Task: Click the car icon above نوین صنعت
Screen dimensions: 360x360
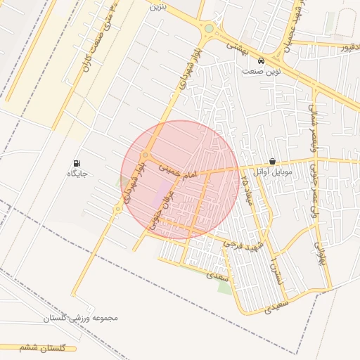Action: tap(262, 61)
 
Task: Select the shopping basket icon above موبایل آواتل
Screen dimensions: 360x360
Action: tap(272, 161)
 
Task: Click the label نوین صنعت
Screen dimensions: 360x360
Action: tap(262, 71)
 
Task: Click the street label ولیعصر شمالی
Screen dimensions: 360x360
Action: tap(314, 124)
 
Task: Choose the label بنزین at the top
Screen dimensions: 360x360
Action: tap(157, 6)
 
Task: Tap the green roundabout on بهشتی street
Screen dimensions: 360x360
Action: tap(209, 29)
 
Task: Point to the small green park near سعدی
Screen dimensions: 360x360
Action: tap(224, 288)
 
